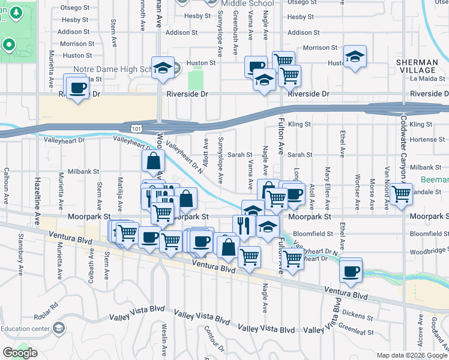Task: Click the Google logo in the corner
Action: click(x=20, y=353)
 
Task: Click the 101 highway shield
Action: click(x=137, y=128)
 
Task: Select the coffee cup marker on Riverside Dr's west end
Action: click(x=78, y=89)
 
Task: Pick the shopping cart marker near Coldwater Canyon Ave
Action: click(x=400, y=194)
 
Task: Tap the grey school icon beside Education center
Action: click(x=59, y=328)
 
